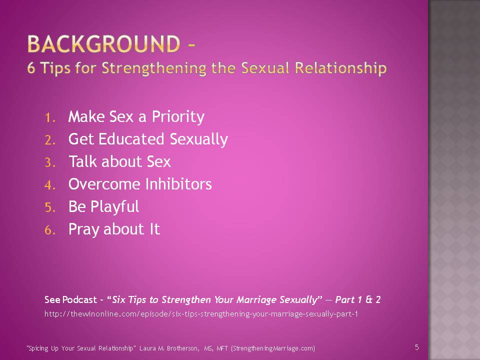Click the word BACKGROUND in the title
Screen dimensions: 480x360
point(103,44)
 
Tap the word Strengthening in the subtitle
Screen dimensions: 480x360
point(154,68)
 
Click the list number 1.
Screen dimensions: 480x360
point(50,117)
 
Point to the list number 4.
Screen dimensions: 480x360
point(50,185)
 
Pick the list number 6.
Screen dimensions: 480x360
point(50,230)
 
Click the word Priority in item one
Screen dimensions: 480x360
point(178,117)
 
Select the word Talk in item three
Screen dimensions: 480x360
point(83,161)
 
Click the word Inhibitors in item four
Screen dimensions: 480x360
point(178,184)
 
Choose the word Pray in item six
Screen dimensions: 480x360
point(84,229)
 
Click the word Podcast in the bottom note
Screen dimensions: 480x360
point(79,299)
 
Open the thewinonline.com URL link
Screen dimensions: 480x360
point(201,314)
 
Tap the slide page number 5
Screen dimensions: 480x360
point(416,347)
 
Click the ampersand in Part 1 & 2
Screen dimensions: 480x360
point(369,299)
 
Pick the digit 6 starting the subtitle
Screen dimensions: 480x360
point(31,68)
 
